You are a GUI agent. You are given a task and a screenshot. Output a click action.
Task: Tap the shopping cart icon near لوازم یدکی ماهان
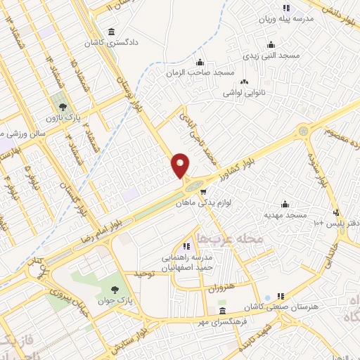(x=202, y=191)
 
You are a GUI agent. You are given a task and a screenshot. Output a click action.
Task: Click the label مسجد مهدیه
(x=285, y=214)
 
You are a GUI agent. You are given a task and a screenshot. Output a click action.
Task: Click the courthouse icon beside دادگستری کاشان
(x=112, y=32)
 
